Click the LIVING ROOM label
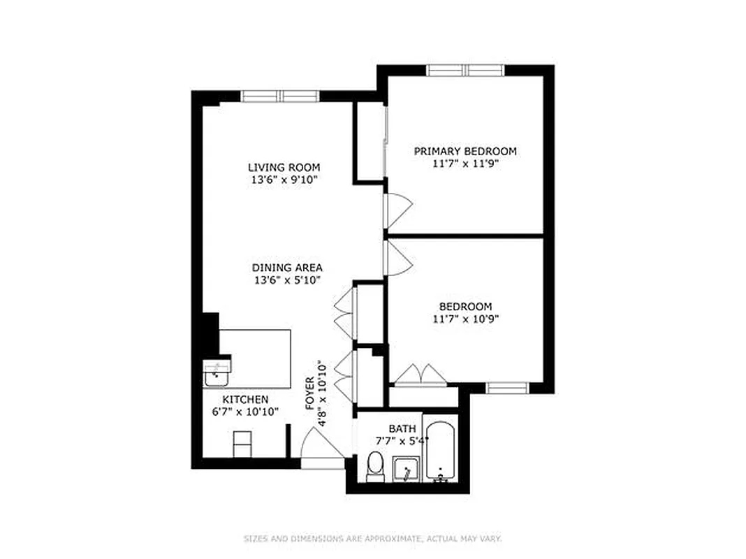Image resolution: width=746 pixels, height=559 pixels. (284, 167)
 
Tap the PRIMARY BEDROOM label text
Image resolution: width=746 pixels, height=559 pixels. (465, 151)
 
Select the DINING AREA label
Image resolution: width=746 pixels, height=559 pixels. (287, 267)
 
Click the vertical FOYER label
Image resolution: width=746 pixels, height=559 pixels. (309, 395)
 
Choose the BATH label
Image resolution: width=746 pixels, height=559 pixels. (402, 428)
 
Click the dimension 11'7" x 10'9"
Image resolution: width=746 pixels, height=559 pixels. (465, 319)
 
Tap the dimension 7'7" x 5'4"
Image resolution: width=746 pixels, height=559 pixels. (402, 441)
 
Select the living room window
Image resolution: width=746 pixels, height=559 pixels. (280, 96)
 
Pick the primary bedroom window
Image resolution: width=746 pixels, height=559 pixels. (465, 70)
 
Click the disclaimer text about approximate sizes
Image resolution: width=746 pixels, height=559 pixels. (373, 539)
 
